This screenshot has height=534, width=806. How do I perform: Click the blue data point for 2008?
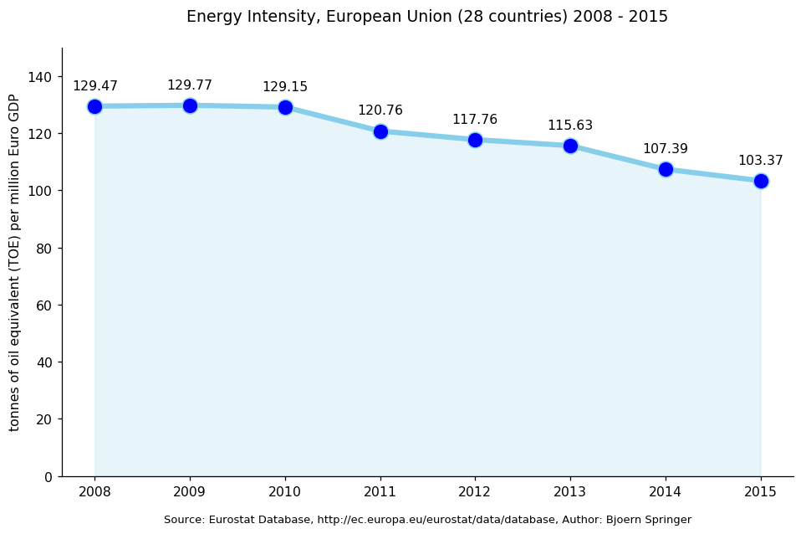click(94, 106)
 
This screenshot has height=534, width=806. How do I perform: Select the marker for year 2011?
click(380, 131)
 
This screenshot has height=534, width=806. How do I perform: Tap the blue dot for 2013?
click(570, 146)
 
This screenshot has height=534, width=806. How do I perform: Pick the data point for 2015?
click(761, 181)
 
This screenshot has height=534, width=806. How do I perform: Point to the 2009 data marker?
click(190, 105)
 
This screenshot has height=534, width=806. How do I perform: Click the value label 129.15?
click(285, 87)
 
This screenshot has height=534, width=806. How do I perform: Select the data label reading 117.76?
click(475, 120)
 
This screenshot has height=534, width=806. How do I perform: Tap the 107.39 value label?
click(666, 149)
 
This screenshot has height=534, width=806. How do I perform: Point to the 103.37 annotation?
click(761, 161)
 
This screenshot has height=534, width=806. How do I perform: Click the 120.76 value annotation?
click(380, 110)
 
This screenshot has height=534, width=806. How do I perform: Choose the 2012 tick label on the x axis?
click(475, 491)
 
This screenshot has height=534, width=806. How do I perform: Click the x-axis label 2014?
click(666, 491)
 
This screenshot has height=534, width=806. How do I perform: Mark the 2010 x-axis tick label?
click(285, 491)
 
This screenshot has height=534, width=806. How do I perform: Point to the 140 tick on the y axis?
click(41, 77)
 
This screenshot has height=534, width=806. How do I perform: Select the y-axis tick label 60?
click(44, 306)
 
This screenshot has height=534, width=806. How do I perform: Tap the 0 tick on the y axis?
click(48, 477)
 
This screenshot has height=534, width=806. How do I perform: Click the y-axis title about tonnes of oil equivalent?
click(14, 262)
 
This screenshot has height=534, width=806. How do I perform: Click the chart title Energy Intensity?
click(427, 17)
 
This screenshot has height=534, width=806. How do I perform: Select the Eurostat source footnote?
click(427, 520)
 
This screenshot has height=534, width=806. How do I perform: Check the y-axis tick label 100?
click(41, 191)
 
